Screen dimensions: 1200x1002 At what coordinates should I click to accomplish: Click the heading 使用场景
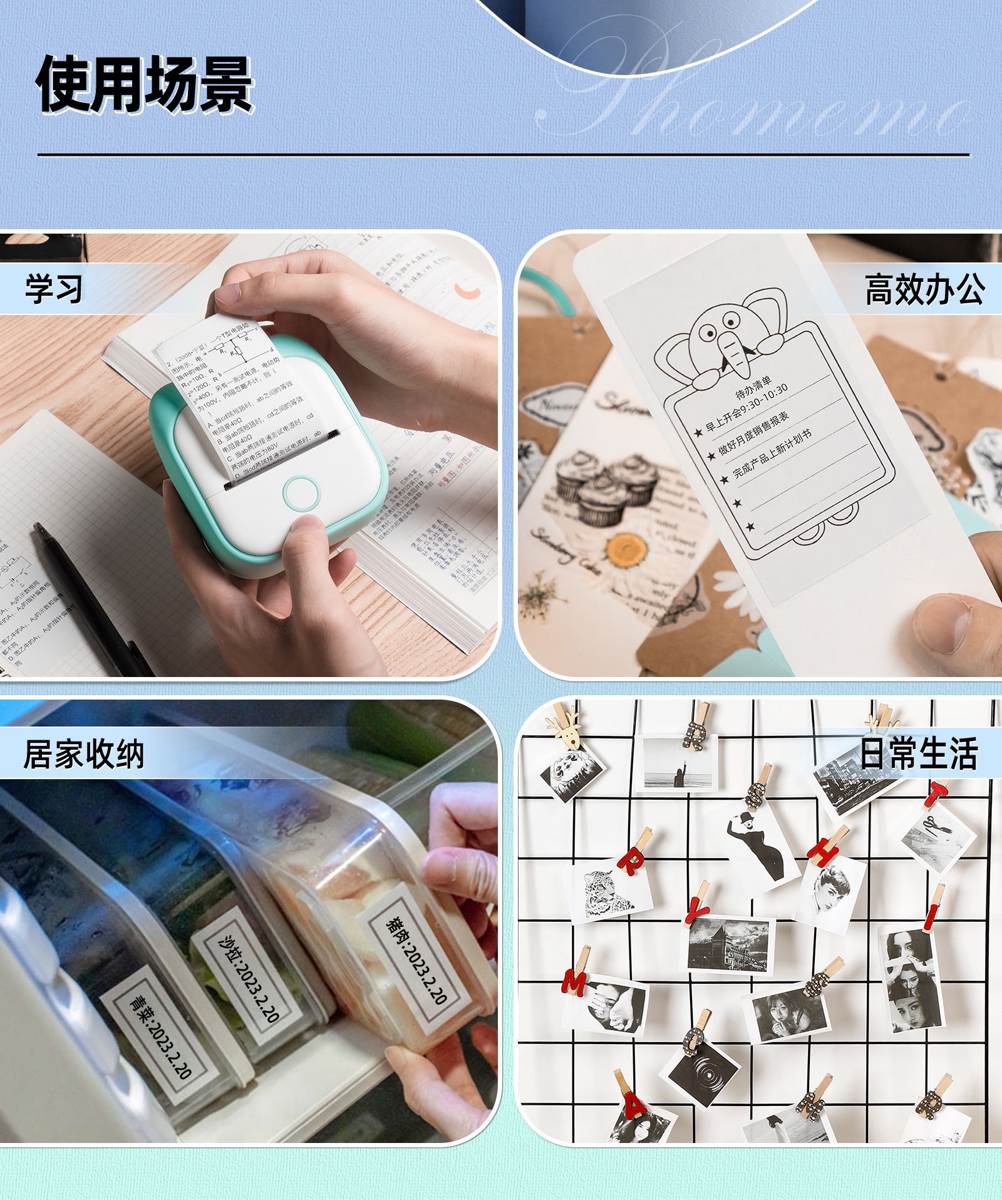145,84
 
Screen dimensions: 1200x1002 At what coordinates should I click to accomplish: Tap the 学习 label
54,289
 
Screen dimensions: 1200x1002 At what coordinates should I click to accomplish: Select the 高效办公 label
924,289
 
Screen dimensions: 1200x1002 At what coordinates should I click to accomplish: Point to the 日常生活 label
918,753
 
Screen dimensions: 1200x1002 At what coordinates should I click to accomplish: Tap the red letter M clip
574,982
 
